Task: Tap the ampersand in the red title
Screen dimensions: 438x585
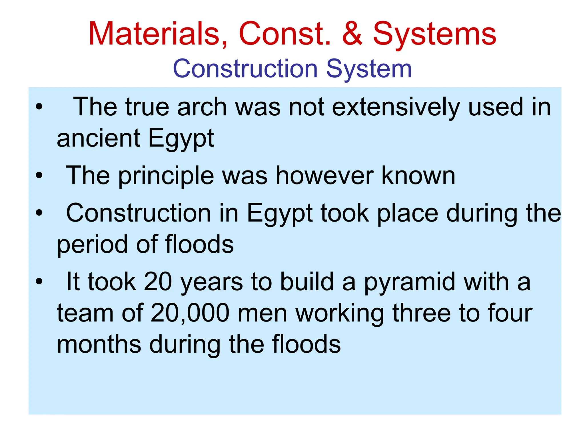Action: pyautogui.click(x=352, y=34)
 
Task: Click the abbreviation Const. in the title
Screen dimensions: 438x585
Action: pyautogui.click(x=285, y=34)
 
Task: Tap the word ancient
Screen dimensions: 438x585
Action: pyautogui.click(x=98, y=138)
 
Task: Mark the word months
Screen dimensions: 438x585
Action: pyautogui.click(x=99, y=344)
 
